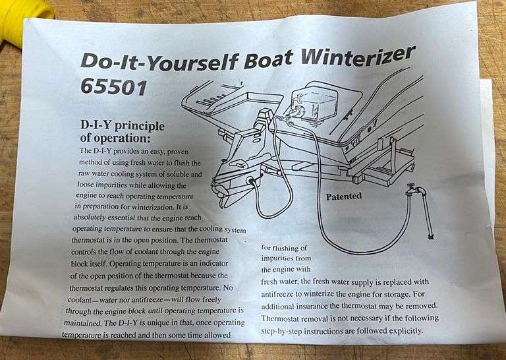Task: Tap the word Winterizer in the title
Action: [359, 56]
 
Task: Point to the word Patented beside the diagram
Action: [344, 196]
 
